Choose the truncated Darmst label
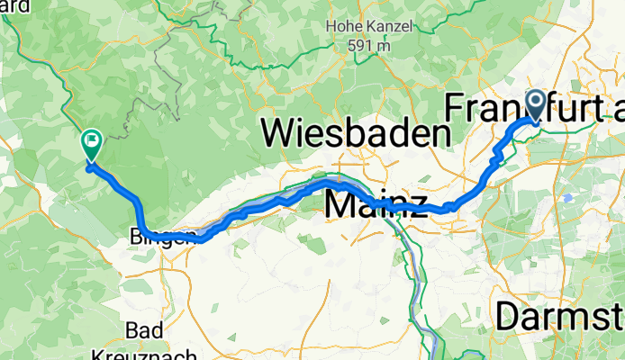point(558,317)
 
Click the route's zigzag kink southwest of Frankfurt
point(494,157)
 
